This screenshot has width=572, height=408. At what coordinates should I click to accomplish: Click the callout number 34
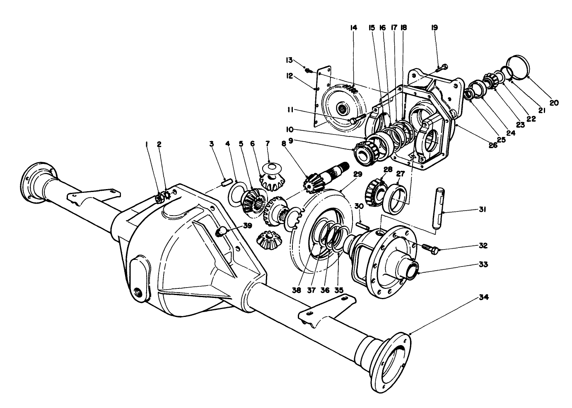[x=483, y=297]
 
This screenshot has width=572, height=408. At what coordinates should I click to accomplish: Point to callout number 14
[x=353, y=28]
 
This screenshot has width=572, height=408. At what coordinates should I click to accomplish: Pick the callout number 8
[x=283, y=144]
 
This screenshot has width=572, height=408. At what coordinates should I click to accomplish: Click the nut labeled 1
[x=159, y=199]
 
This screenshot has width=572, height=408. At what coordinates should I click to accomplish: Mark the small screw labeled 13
[x=307, y=70]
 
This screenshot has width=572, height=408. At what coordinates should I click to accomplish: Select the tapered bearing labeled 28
[x=375, y=191]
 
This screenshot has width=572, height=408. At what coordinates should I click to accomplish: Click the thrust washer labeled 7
[x=271, y=168]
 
